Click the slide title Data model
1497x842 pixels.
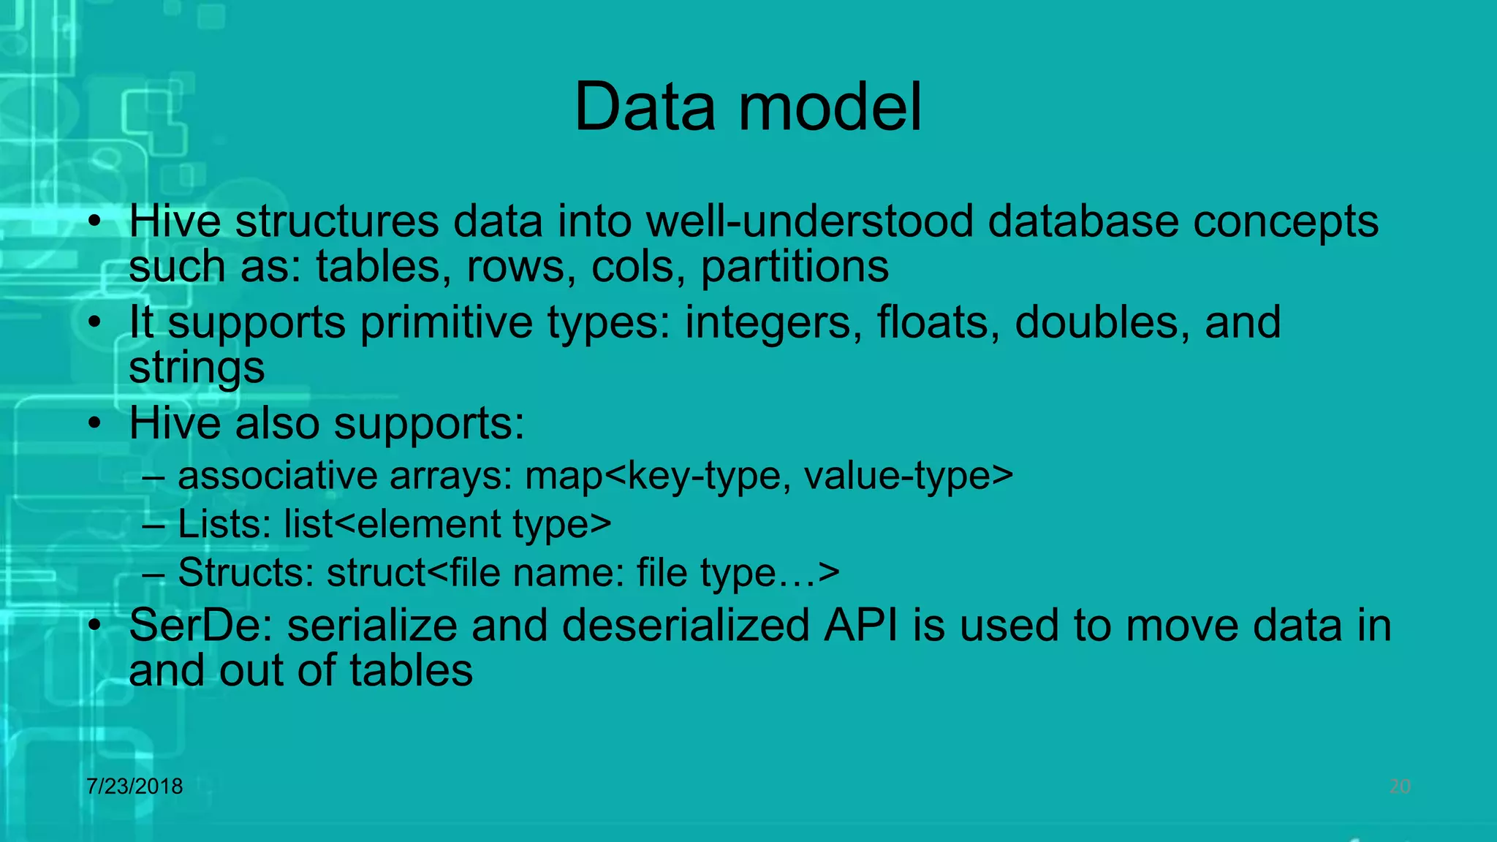tap(748, 107)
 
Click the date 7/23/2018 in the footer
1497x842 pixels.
tap(134, 786)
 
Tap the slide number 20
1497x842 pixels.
tap(1399, 786)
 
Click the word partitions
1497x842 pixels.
tap(795, 267)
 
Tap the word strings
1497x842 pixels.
tap(197, 368)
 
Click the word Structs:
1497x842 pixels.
tap(246, 572)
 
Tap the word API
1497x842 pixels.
tap(860, 626)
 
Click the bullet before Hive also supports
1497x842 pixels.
tap(94, 424)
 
